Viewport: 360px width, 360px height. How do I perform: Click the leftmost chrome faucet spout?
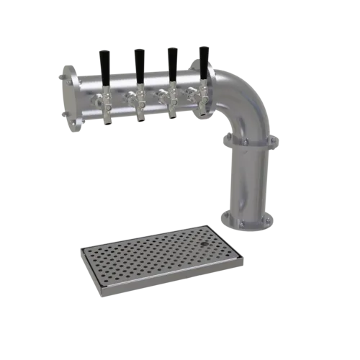[107, 108]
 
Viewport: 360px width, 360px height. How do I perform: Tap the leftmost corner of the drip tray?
[77, 251]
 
